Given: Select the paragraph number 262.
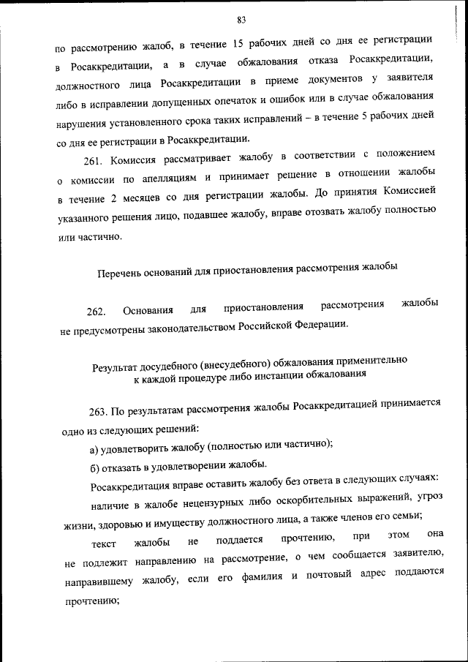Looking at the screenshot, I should [97, 312].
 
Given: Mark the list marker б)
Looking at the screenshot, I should [94, 466].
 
